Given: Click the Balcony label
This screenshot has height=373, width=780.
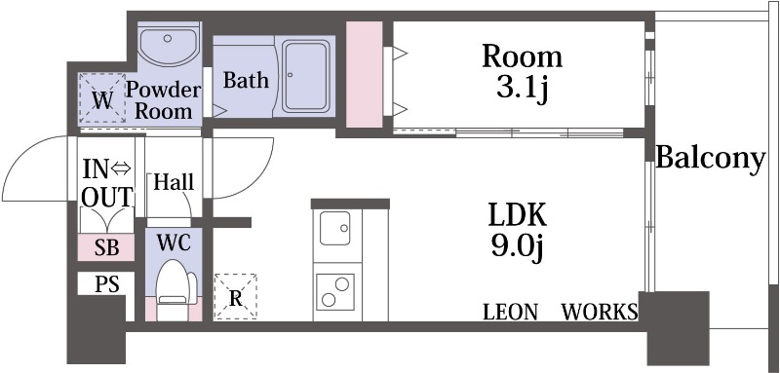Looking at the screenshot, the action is (711, 159).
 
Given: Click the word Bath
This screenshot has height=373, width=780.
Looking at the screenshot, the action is (246, 80).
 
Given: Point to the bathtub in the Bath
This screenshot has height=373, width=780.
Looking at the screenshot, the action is (305, 77).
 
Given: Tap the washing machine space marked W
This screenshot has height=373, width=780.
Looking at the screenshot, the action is (103, 98).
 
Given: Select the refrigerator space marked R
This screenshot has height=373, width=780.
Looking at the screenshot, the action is (235, 297).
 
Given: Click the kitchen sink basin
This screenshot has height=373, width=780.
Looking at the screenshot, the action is (334, 229).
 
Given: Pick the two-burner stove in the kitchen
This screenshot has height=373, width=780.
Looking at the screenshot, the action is (334, 291).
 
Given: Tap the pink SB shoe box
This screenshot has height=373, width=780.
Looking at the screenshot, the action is (106, 247).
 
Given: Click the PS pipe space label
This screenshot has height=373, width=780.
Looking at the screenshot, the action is (107, 284).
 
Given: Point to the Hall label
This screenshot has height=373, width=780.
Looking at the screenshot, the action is (174, 182).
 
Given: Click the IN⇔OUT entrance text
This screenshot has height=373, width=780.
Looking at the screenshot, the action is (107, 183).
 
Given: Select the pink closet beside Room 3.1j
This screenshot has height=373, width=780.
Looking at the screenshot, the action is (364, 74).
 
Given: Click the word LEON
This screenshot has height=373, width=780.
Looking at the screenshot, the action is (510, 312).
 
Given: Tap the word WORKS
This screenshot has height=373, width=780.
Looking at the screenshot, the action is (600, 312).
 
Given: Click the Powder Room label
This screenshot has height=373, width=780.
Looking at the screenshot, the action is (163, 100).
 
